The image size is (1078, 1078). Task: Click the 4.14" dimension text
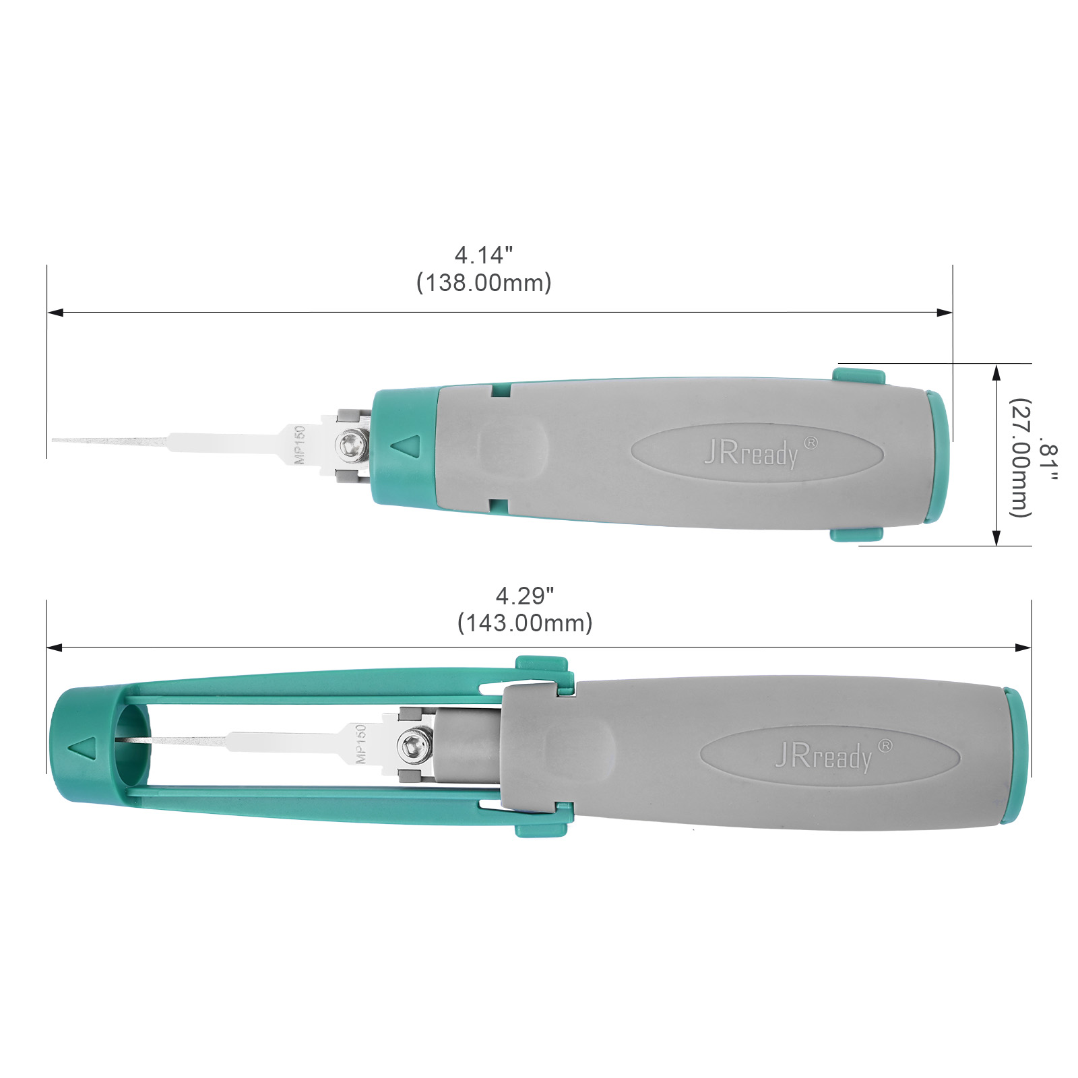tap(483, 255)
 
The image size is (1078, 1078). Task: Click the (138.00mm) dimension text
tap(484, 283)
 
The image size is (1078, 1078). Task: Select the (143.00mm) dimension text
tap(525, 623)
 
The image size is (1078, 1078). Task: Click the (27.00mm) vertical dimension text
tap(1020, 458)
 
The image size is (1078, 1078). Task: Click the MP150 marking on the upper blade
tap(300, 445)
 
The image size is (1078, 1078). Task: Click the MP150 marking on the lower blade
tap(360, 744)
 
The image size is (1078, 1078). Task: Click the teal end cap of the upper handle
tap(937, 456)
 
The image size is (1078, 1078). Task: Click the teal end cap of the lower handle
tap(1014, 755)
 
